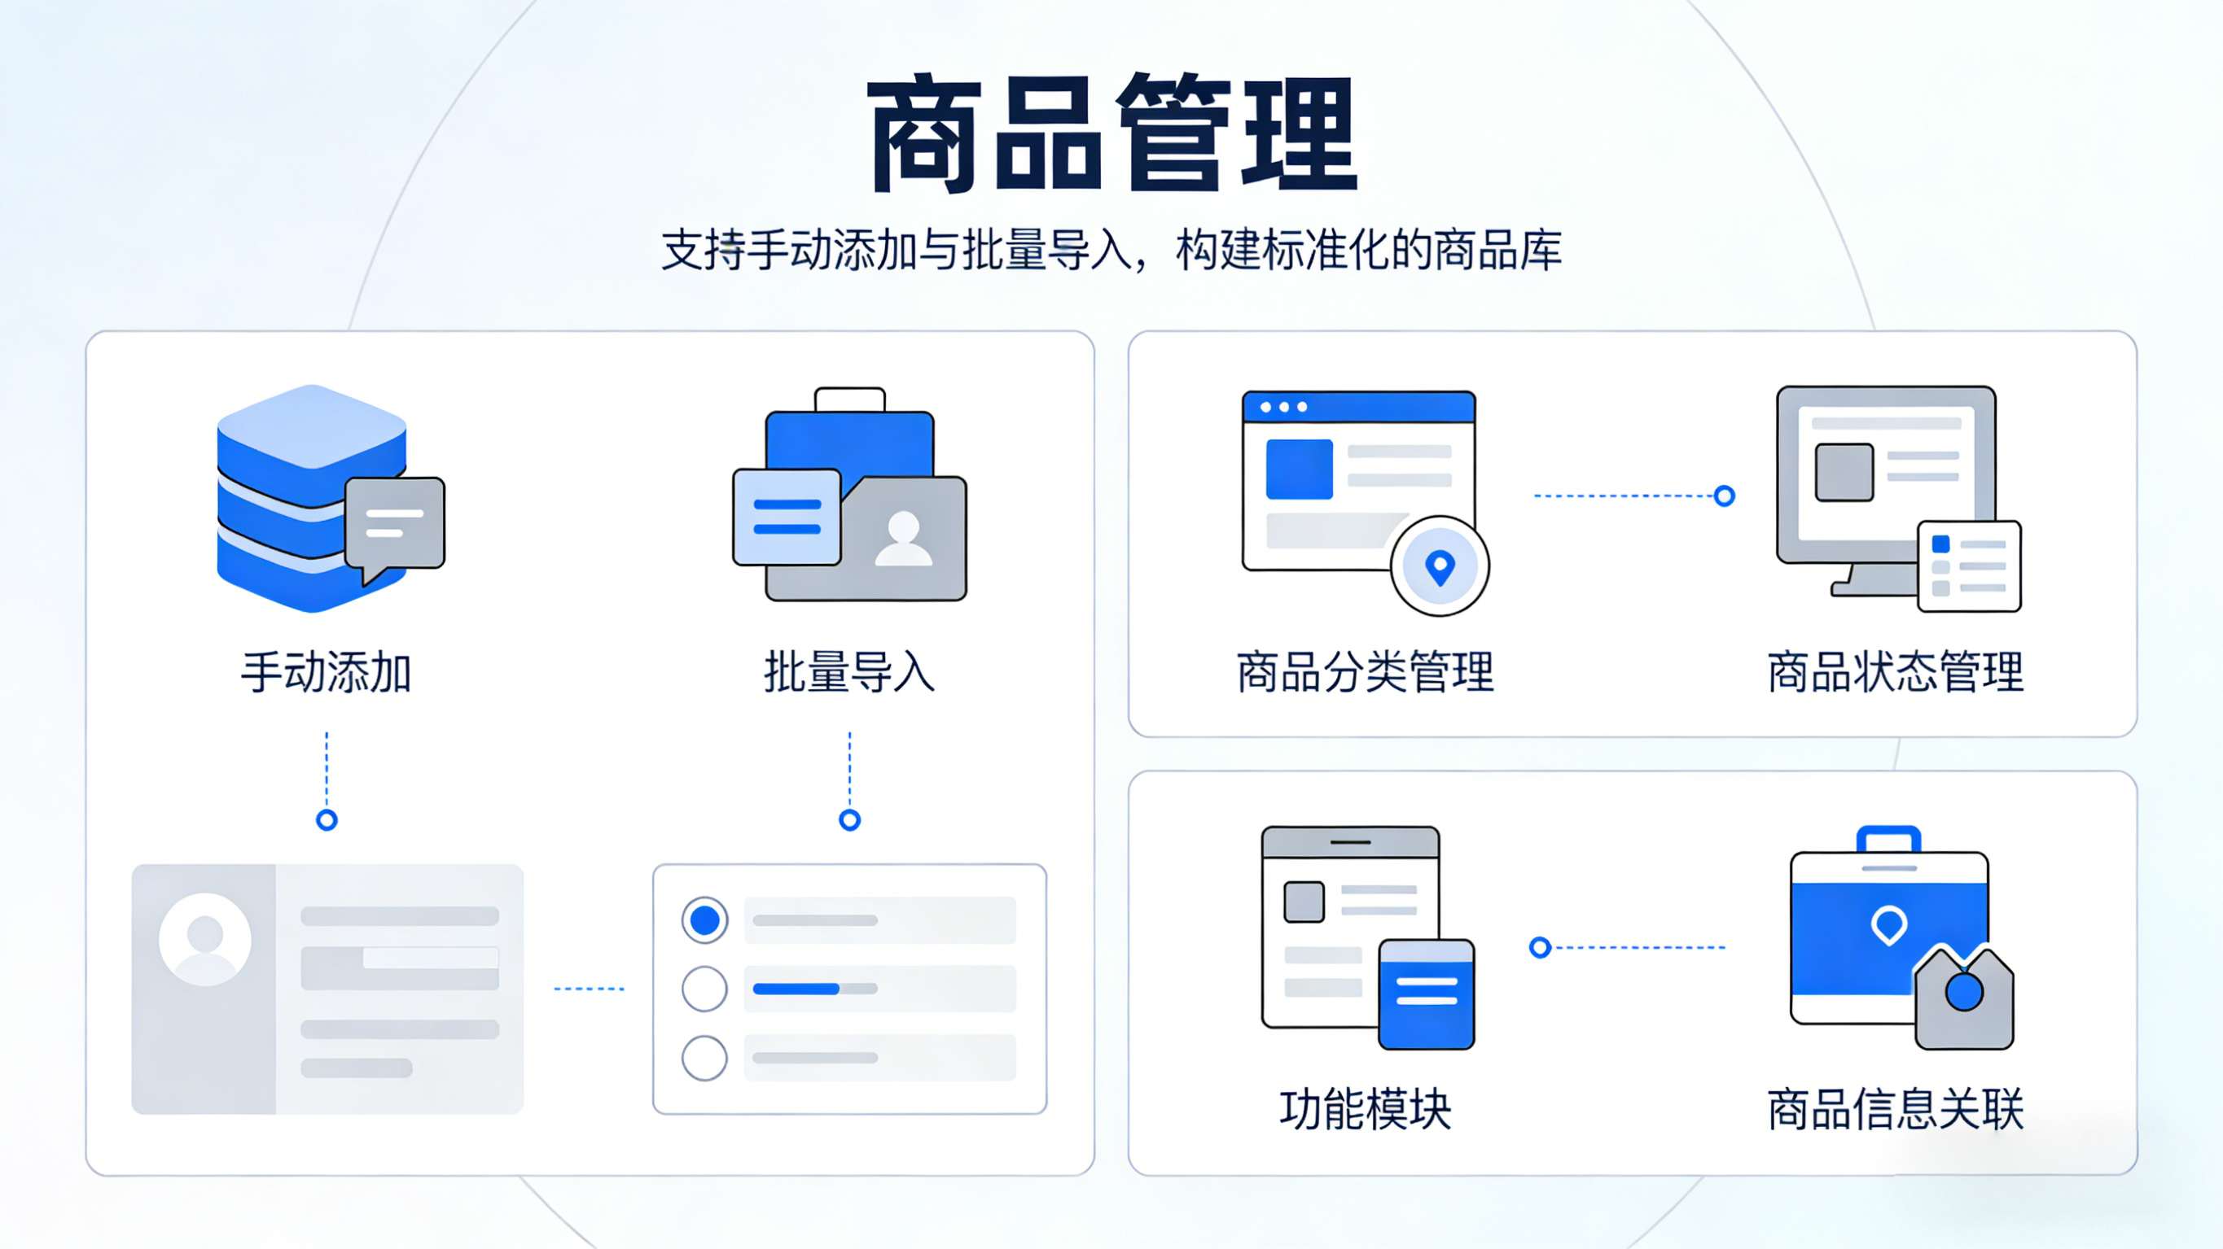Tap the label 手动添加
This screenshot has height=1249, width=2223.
coord(327,672)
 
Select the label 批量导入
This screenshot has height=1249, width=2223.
coord(849,672)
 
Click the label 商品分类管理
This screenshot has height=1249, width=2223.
coord(1365,672)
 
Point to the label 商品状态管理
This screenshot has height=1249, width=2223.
coord(1895,672)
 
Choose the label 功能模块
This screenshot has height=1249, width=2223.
coord(1365,1109)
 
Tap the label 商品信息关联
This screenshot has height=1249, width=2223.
coord(1895,1109)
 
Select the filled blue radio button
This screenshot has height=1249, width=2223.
coord(704,920)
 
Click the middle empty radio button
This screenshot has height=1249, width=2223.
coord(704,989)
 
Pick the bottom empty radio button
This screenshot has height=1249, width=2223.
coord(704,1058)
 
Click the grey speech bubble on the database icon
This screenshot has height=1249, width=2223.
coord(395,522)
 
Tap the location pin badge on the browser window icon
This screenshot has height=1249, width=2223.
coord(1440,566)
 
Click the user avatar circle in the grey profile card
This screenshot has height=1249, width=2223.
coord(205,938)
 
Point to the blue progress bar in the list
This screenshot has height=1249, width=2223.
coord(795,989)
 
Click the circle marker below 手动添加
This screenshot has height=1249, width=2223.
coord(327,819)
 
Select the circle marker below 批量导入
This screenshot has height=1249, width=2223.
coord(849,819)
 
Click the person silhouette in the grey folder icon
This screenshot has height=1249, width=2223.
coord(903,539)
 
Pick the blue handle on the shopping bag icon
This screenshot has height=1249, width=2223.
coord(1888,837)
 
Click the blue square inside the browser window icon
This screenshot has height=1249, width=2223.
coord(1299,469)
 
